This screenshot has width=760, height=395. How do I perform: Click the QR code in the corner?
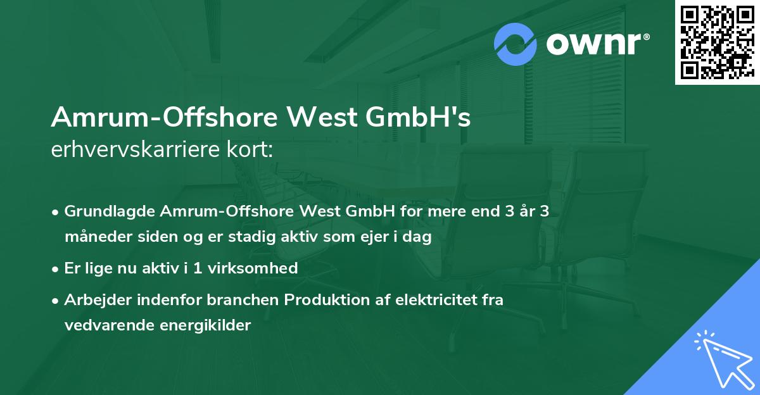(716, 42)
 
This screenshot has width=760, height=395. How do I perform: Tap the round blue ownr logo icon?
(515, 44)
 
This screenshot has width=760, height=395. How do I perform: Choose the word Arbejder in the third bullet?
(94, 299)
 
